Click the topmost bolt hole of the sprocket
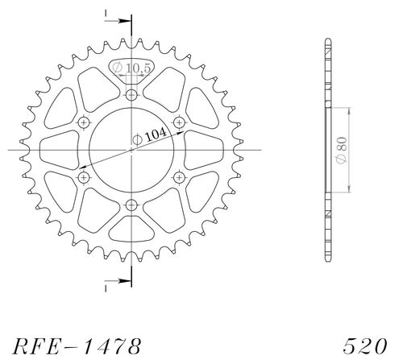(x=131, y=95)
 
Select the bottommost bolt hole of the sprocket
(x=131, y=205)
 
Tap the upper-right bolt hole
(x=179, y=122)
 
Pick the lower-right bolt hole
(x=179, y=177)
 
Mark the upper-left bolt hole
(x=84, y=122)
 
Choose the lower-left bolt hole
(x=84, y=177)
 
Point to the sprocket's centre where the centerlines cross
(x=131, y=150)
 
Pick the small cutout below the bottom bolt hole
(x=131, y=230)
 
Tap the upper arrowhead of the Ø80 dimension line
(x=348, y=110)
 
